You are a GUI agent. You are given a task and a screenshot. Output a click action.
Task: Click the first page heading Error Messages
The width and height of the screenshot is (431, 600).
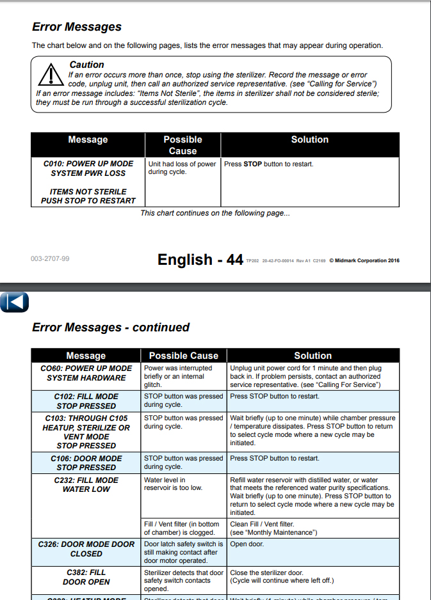pyautogui.click(x=76, y=27)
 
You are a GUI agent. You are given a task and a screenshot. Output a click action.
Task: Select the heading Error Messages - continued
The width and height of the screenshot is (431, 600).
pyautogui.click(x=111, y=328)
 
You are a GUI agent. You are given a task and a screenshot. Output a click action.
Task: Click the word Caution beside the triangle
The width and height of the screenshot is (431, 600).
pyautogui.click(x=86, y=65)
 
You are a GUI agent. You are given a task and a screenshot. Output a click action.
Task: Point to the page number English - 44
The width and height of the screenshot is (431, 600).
pyautogui.click(x=200, y=259)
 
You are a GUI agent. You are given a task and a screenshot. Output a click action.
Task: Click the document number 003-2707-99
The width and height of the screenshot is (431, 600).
pyautogui.click(x=50, y=259)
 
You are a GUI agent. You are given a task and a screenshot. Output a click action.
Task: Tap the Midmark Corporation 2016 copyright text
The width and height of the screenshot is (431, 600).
pyautogui.click(x=364, y=260)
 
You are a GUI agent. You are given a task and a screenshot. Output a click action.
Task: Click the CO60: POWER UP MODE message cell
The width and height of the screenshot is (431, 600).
pyautogui.click(x=86, y=373)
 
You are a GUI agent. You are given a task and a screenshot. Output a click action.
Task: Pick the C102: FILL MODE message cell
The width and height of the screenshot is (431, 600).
pyautogui.click(x=86, y=401)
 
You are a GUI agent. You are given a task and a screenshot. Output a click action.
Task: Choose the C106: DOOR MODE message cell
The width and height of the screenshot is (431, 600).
pyautogui.click(x=86, y=462)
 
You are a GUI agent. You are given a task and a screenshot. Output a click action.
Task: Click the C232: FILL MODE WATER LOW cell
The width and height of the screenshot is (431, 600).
pyautogui.click(x=86, y=484)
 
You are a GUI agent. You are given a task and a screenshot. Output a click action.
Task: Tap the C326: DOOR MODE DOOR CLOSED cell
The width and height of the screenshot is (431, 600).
pyautogui.click(x=86, y=549)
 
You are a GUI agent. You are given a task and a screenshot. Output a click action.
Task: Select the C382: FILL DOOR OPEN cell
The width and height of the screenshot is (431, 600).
pyautogui.click(x=86, y=577)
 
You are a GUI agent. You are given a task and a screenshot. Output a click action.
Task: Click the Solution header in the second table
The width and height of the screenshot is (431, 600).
pyautogui.click(x=313, y=356)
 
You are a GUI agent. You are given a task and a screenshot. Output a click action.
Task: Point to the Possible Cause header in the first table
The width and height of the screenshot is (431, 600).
pyautogui.click(x=183, y=145)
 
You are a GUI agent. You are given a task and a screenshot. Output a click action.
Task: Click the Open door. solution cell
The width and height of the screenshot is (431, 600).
pyautogui.click(x=247, y=544)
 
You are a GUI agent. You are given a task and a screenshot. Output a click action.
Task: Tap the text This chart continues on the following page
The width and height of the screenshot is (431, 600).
pyautogui.click(x=215, y=213)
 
